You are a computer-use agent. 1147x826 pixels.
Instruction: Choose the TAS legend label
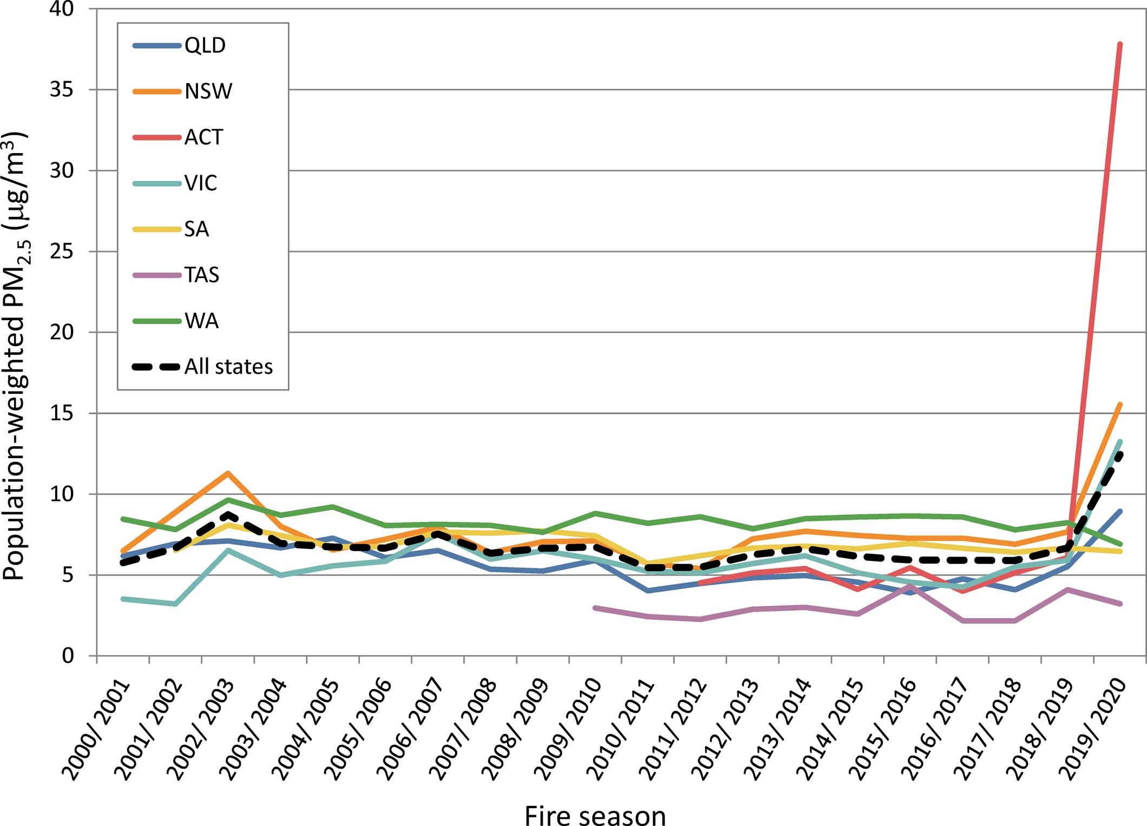point(202,275)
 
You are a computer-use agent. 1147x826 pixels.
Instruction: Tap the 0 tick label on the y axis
point(68,656)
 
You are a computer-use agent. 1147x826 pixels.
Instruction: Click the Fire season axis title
point(595,815)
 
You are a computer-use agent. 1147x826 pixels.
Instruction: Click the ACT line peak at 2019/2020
point(1119,44)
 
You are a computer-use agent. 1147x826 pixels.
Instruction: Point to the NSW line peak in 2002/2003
point(228,473)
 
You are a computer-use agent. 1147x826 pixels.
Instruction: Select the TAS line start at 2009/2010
point(595,608)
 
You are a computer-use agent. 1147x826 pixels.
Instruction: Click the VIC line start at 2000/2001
point(123,599)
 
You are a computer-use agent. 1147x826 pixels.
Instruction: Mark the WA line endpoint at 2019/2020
point(1119,544)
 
